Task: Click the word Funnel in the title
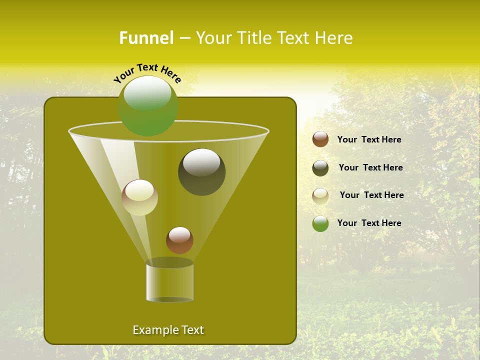146,38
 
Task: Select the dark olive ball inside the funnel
201,172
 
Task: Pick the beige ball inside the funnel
139,197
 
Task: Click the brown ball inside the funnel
179,240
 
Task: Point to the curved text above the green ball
147,72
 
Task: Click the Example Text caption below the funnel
168,330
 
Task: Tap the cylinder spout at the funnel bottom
169,282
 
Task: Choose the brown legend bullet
320,139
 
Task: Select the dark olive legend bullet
320,168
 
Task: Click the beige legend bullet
320,195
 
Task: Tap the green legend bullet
320,223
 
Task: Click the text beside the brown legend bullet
369,139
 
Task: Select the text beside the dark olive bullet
370,167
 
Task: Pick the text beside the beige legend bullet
371,195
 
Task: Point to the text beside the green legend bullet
369,223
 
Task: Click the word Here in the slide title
334,38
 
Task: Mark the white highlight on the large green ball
147,93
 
